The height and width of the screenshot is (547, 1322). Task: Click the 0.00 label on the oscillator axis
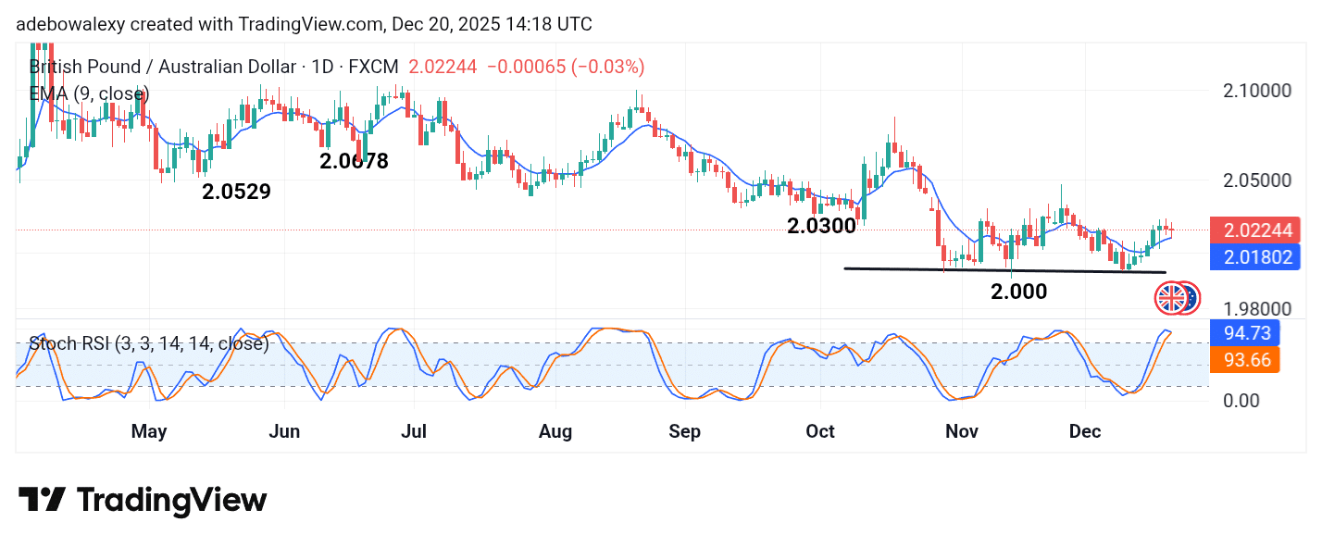1241,400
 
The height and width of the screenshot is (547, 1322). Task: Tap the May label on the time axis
149,431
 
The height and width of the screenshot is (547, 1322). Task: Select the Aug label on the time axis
555,431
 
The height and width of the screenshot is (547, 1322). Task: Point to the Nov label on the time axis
962,431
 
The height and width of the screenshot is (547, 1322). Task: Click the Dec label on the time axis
1084,431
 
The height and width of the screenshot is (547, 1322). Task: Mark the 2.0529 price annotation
237,193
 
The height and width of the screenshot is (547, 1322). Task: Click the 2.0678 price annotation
355,161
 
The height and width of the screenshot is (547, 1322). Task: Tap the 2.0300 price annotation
821,225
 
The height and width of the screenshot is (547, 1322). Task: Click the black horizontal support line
1004,270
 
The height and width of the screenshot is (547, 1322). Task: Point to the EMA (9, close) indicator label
89,93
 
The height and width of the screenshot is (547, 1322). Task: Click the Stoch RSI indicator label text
148,344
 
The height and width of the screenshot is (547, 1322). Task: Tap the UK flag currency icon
1170,298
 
